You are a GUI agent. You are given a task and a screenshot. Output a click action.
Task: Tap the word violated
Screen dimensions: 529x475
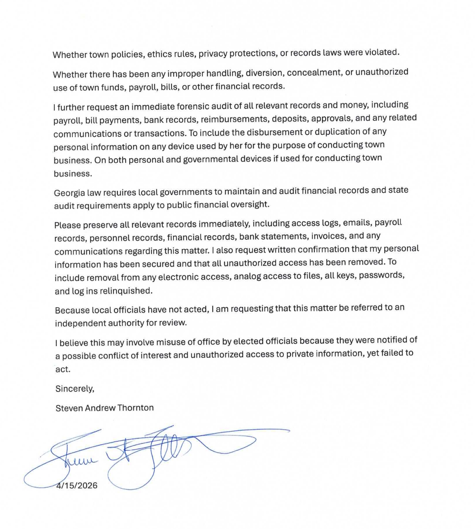point(382,52)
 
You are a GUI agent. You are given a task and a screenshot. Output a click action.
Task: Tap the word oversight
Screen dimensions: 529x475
point(249,204)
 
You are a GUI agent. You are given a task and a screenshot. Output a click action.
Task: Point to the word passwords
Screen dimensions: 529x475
point(381,275)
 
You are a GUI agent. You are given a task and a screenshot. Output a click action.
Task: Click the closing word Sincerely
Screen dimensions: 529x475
point(75,388)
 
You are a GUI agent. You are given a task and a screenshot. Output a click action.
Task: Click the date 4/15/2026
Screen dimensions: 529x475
point(77,485)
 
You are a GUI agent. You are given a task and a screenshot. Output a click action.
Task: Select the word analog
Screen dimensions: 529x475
point(247,277)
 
